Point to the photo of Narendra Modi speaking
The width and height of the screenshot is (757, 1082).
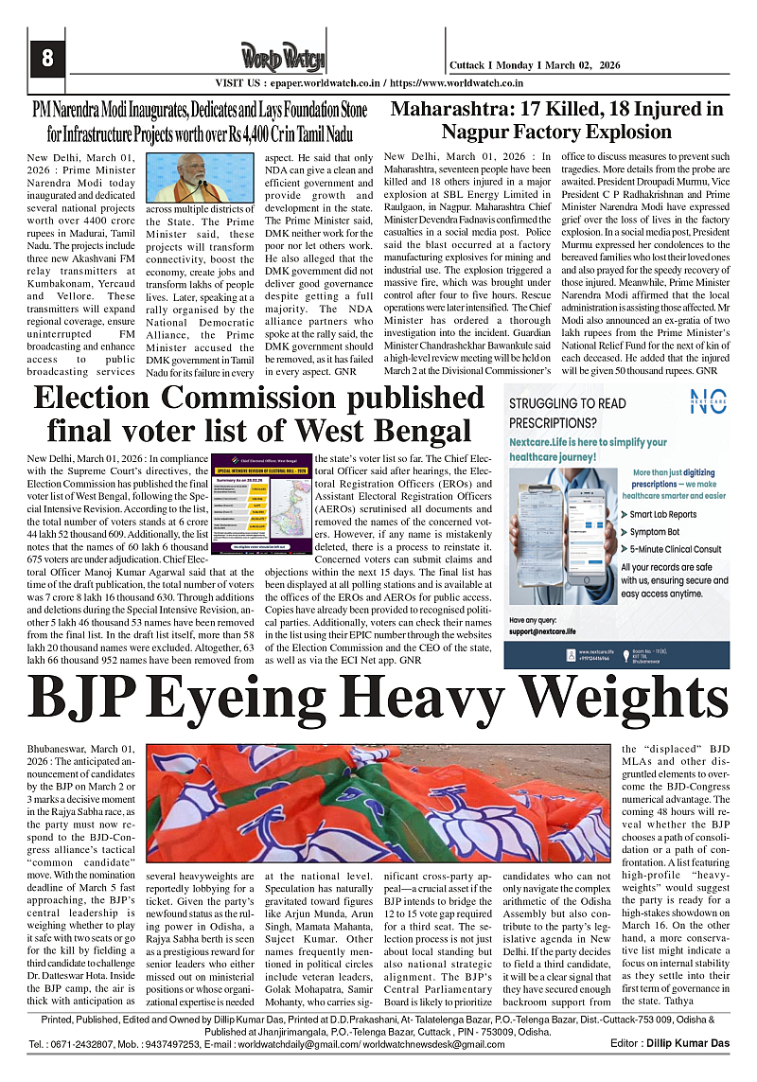tap(196, 178)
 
